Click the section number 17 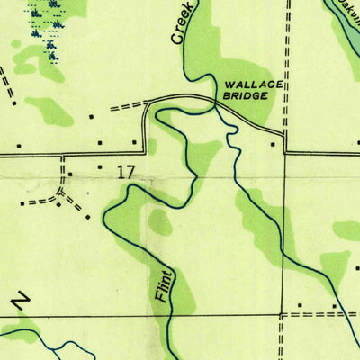click(127, 168)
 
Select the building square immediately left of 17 click(100, 167)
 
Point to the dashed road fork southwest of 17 click(61, 192)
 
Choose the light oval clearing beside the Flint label click(161, 223)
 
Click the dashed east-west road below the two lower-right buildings click(319, 315)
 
